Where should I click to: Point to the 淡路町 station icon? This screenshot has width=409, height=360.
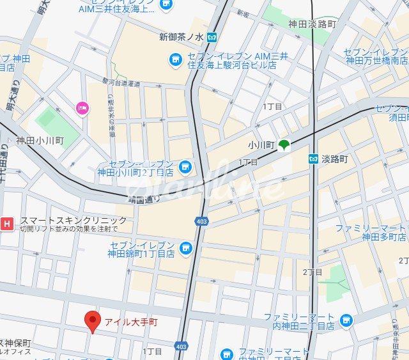point(313,159)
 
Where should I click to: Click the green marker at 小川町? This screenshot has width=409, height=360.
point(283,146)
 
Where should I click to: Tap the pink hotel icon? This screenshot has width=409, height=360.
point(81,108)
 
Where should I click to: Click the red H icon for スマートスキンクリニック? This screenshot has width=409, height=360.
point(7,223)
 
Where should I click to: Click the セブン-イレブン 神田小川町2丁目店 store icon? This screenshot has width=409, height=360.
point(185,168)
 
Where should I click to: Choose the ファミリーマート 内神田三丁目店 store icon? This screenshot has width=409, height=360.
point(346,320)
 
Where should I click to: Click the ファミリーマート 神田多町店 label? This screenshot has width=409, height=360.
point(370,232)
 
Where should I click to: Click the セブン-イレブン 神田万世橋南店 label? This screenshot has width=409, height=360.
point(376,56)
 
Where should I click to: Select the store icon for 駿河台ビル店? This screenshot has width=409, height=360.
point(174,59)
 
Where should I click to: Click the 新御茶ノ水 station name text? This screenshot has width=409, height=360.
point(180,36)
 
